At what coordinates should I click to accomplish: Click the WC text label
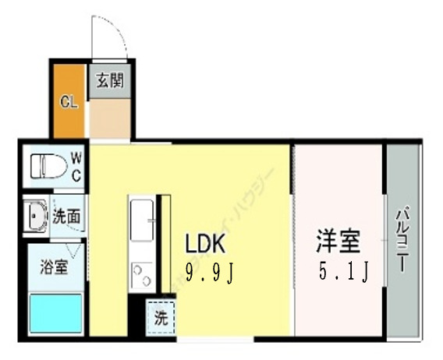(x=76, y=165)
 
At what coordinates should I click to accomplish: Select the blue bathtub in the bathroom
(x=55, y=314)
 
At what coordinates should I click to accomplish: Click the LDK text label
(x=204, y=245)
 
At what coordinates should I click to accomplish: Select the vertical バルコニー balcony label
(x=404, y=238)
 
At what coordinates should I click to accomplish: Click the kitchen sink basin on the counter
(x=142, y=221)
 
